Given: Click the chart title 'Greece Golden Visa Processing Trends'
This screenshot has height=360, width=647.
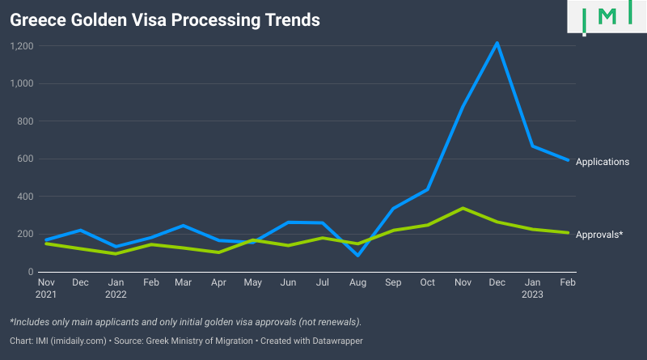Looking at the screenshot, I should [x=164, y=19].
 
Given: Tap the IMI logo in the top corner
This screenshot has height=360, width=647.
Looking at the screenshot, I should [x=607, y=16].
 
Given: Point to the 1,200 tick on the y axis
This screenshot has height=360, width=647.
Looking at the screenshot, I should [x=21, y=46].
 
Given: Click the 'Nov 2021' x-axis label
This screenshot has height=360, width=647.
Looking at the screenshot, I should [x=46, y=289].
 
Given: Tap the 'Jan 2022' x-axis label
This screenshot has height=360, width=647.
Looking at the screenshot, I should [x=116, y=289].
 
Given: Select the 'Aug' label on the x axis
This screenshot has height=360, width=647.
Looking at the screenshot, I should [x=358, y=283].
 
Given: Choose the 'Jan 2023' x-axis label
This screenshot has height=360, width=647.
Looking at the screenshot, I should [x=533, y=289].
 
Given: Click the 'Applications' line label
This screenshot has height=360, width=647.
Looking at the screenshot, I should [x=602, y=162].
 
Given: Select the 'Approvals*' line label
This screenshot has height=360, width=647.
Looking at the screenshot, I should [x=598, y=234].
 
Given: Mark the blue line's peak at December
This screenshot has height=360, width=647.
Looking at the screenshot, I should [x=497, y=43].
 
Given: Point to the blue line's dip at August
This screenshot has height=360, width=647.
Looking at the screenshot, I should [x=358, y=255].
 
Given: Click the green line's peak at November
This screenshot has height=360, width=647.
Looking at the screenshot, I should [x=463, y=208].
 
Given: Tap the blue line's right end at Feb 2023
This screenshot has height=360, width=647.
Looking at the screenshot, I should [x=569, y=160].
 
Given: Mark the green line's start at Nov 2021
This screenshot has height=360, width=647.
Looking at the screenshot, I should [x=46, y=244].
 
